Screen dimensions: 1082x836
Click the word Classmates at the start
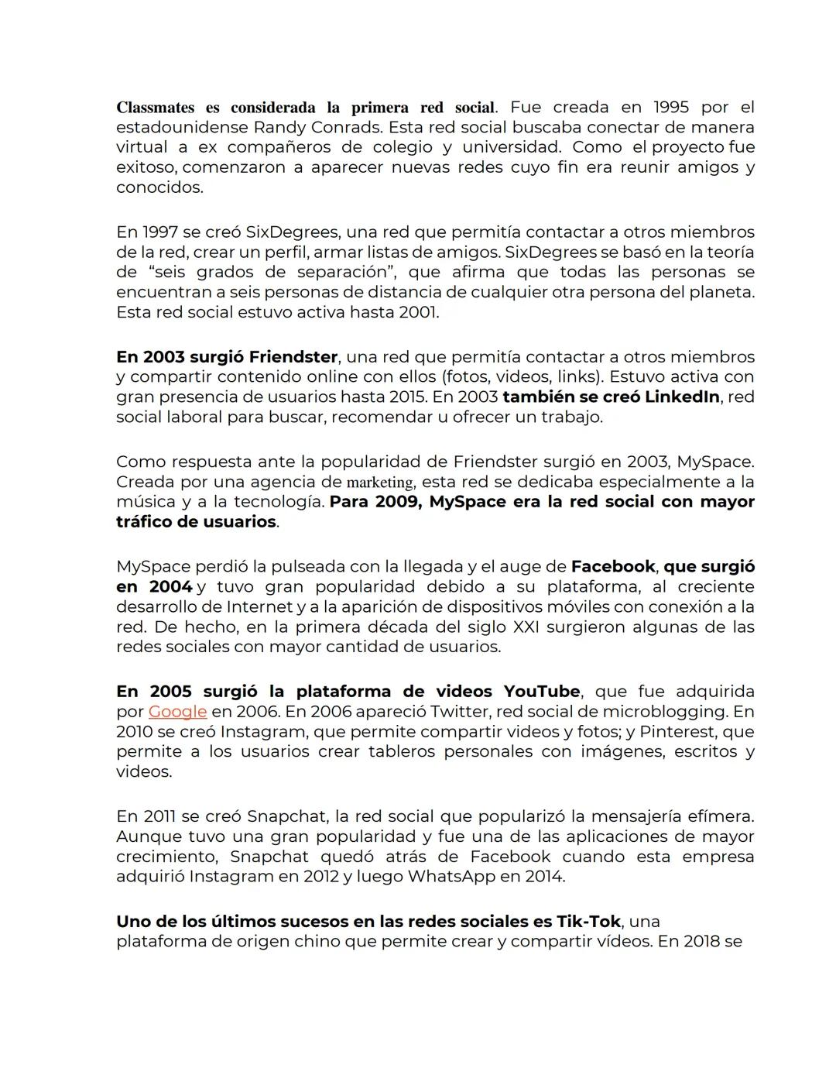click(x=155, y=107)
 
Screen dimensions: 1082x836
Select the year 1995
click(x=670, y=107)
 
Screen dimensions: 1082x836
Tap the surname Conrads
click(x=348, y=127)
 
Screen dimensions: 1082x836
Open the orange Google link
click(x=177, y=712)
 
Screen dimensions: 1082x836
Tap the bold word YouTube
click(x=542, y=692)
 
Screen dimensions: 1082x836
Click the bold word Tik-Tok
click(x=588, y=922)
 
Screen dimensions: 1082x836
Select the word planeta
click(x=720, y=293)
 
